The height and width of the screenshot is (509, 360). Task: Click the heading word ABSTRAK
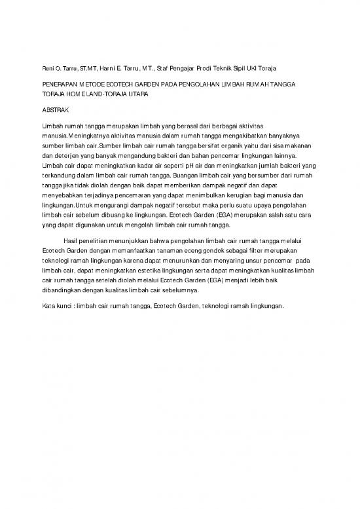(54, 109)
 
